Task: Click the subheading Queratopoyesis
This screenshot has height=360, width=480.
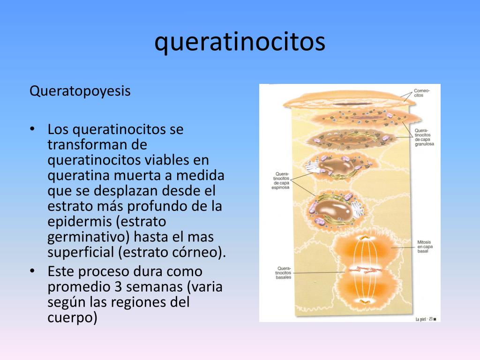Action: [x=80, y=91]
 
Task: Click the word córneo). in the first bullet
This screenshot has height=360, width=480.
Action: [x=201, y=252]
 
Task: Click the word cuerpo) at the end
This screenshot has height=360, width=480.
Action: [x=72, y=317]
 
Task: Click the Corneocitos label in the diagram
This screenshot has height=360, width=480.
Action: [x=421, y=92]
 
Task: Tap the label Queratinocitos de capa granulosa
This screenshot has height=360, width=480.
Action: [x=424, y=136]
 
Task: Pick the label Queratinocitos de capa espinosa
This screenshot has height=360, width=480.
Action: [x=281, y=180]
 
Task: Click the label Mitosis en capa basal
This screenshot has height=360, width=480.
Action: [x=425, y=247]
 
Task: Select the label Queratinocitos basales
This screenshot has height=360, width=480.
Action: [x=283, y=273]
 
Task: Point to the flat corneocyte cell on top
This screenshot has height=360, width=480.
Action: [x=349, y=100]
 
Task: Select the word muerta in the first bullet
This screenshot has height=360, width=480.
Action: [x=136, y=176]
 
